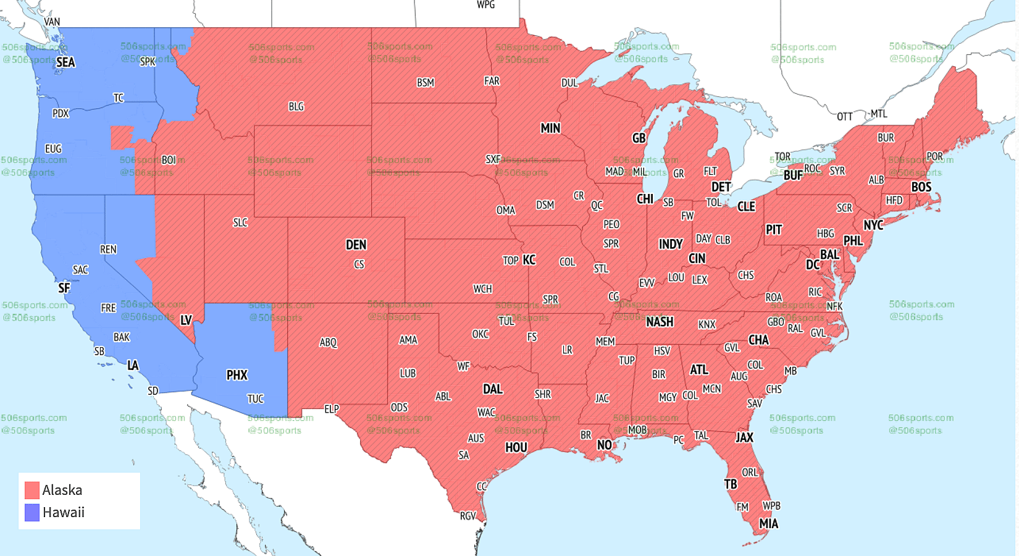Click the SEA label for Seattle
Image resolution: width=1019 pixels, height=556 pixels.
[x=65, y=62]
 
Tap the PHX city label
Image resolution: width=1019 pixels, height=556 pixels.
[x=237, y=375]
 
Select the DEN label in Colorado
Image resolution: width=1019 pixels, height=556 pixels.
[x=356, y=245]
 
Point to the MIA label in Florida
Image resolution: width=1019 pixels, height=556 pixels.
[x=768, y=524]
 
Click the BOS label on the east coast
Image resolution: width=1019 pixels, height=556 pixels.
[x=921, y=187]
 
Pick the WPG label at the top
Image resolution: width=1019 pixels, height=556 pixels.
[x=485, y=5]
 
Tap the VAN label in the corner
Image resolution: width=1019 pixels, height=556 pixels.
[x=52, y=22]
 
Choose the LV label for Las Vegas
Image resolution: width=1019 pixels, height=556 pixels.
[x=186, y=320]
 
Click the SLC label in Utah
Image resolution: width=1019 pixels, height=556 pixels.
[x=240, y=222]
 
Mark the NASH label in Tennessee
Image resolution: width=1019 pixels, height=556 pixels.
[x=660, y=322]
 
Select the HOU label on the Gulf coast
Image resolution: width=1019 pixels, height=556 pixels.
[x=516, y=447]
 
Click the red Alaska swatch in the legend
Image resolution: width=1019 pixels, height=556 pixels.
[x=32, y=491]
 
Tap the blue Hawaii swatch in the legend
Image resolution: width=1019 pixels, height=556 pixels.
[x=32, y=513]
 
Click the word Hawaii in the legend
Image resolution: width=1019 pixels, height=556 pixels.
[x=64, y=513]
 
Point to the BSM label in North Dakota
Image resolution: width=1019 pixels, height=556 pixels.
[x=426, y=82]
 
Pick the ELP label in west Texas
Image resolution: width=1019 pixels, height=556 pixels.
[x=332, y=409]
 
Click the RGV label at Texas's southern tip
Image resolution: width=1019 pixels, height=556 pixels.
[x=468, y=516]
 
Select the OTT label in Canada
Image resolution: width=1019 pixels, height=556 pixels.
[x=845, y=116]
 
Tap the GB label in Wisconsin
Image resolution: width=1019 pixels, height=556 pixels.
[x=639, y=138]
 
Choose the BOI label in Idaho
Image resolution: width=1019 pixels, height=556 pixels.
[x=169, y=160]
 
